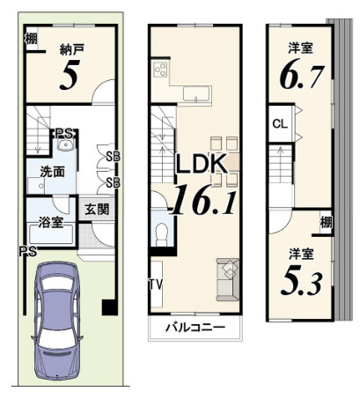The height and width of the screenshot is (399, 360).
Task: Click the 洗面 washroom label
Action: (x=51, y=172)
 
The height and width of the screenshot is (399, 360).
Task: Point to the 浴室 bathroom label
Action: (x=49, y=223)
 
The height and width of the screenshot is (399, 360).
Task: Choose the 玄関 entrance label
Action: (x=97, y=210)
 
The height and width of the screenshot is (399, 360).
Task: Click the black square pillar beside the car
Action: (x=109, y=307)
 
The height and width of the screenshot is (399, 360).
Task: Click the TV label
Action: (x=155, y=284)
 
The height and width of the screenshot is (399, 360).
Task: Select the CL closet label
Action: (x=279, y=124)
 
